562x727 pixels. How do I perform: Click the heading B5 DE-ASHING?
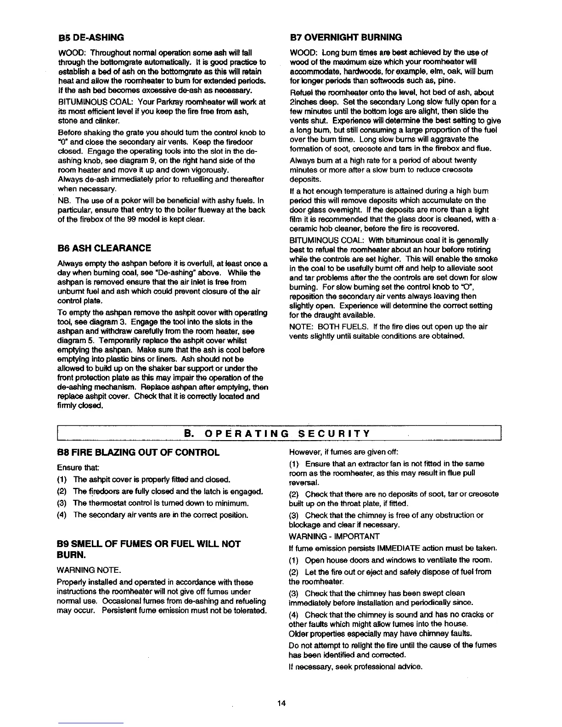click(x=90, y=37)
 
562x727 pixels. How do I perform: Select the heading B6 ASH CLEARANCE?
click(x=104, y=248)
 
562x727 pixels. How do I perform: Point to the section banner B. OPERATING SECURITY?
click(x=277, y=433)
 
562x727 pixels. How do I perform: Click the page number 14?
click(x=281, y=703)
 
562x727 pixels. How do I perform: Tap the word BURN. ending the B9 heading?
click(x=72, y=556)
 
